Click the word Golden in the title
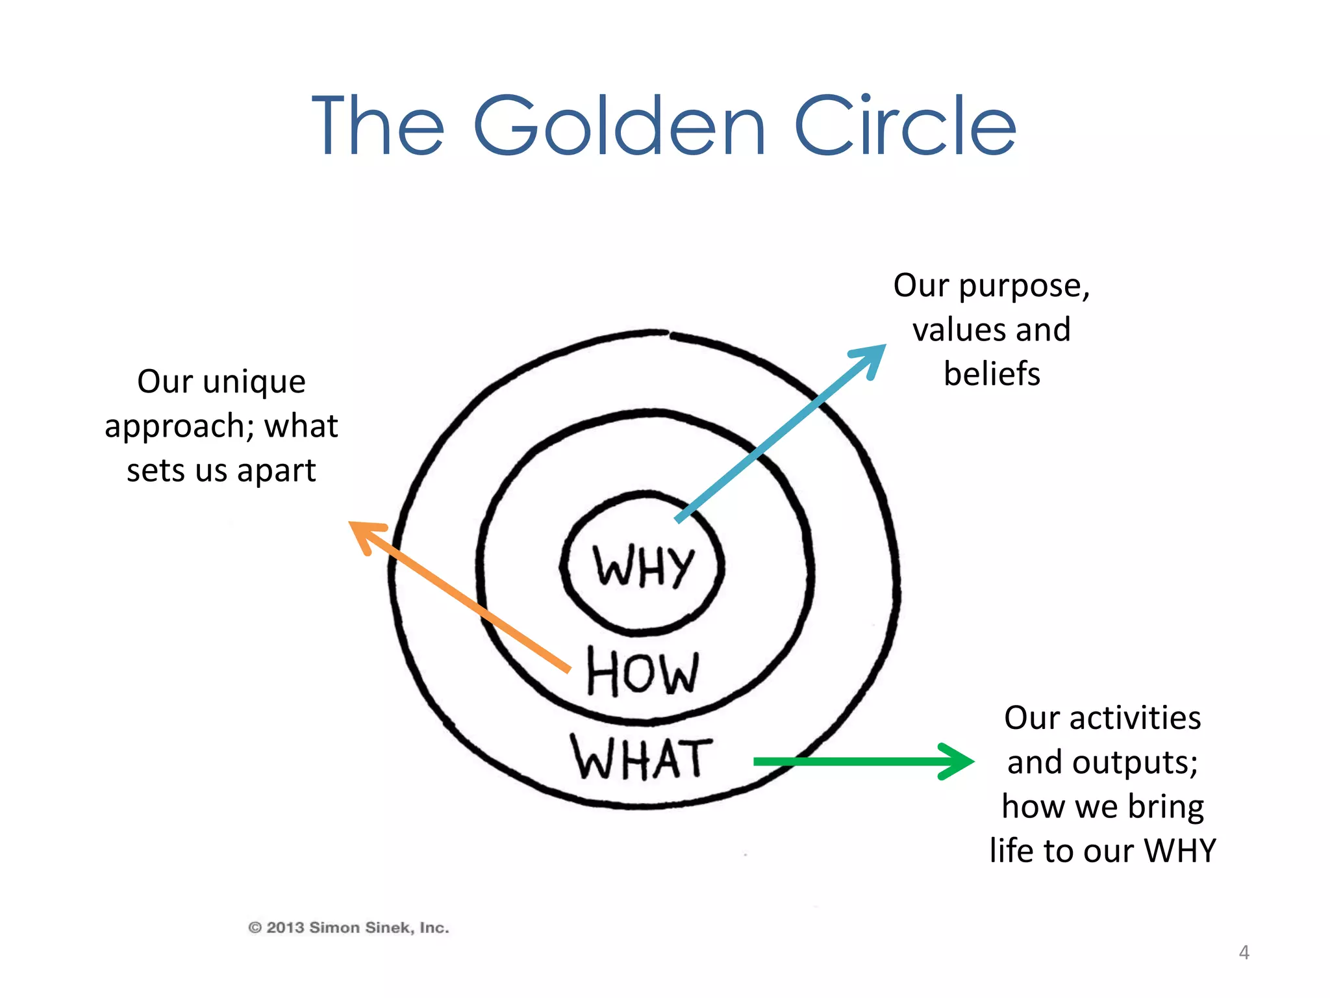620,126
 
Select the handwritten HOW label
642,672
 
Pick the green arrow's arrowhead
958,761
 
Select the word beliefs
992,374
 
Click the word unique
254,382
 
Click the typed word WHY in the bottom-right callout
1179,851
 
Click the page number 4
1244,953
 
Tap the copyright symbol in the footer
255,928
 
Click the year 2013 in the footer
285,928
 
